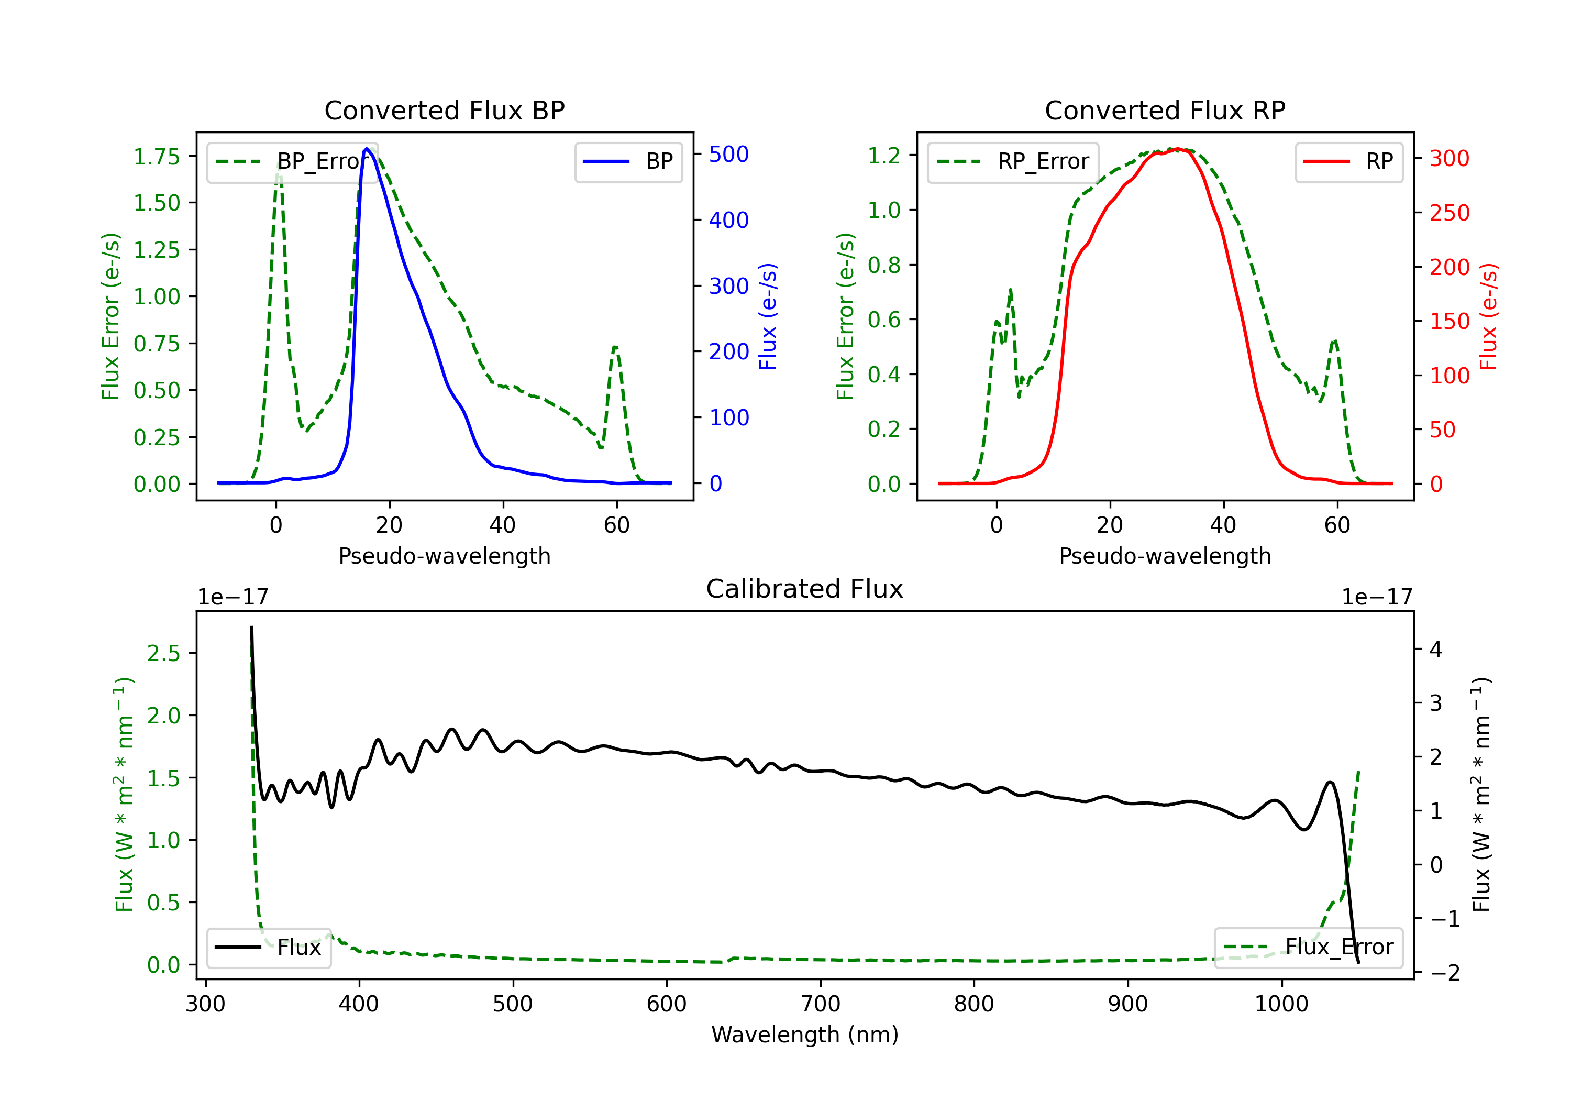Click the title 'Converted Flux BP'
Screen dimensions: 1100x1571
(x=444, y=110)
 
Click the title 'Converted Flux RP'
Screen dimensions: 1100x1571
(x=1165, y=110)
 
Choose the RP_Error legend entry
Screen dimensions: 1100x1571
(x=1013, y=161)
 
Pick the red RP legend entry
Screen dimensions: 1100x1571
(x=1348, y=161)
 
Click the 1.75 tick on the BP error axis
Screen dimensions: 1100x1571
(x=157, y=157)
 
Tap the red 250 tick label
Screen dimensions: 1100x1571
(x=1449, y=213)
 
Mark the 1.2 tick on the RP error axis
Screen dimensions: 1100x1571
(x=884, y=156)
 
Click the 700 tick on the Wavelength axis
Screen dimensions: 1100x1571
(x=821, y=1004)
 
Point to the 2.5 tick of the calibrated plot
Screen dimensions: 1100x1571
(x=163, y=653)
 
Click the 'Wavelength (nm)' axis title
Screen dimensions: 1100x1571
(x=805, y=1035)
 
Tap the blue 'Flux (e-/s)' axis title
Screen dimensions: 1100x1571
(x=768, y=317)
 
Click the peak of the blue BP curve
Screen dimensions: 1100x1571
(x=367, y=149)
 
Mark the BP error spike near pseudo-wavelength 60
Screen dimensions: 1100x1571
(x=615, y=348)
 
